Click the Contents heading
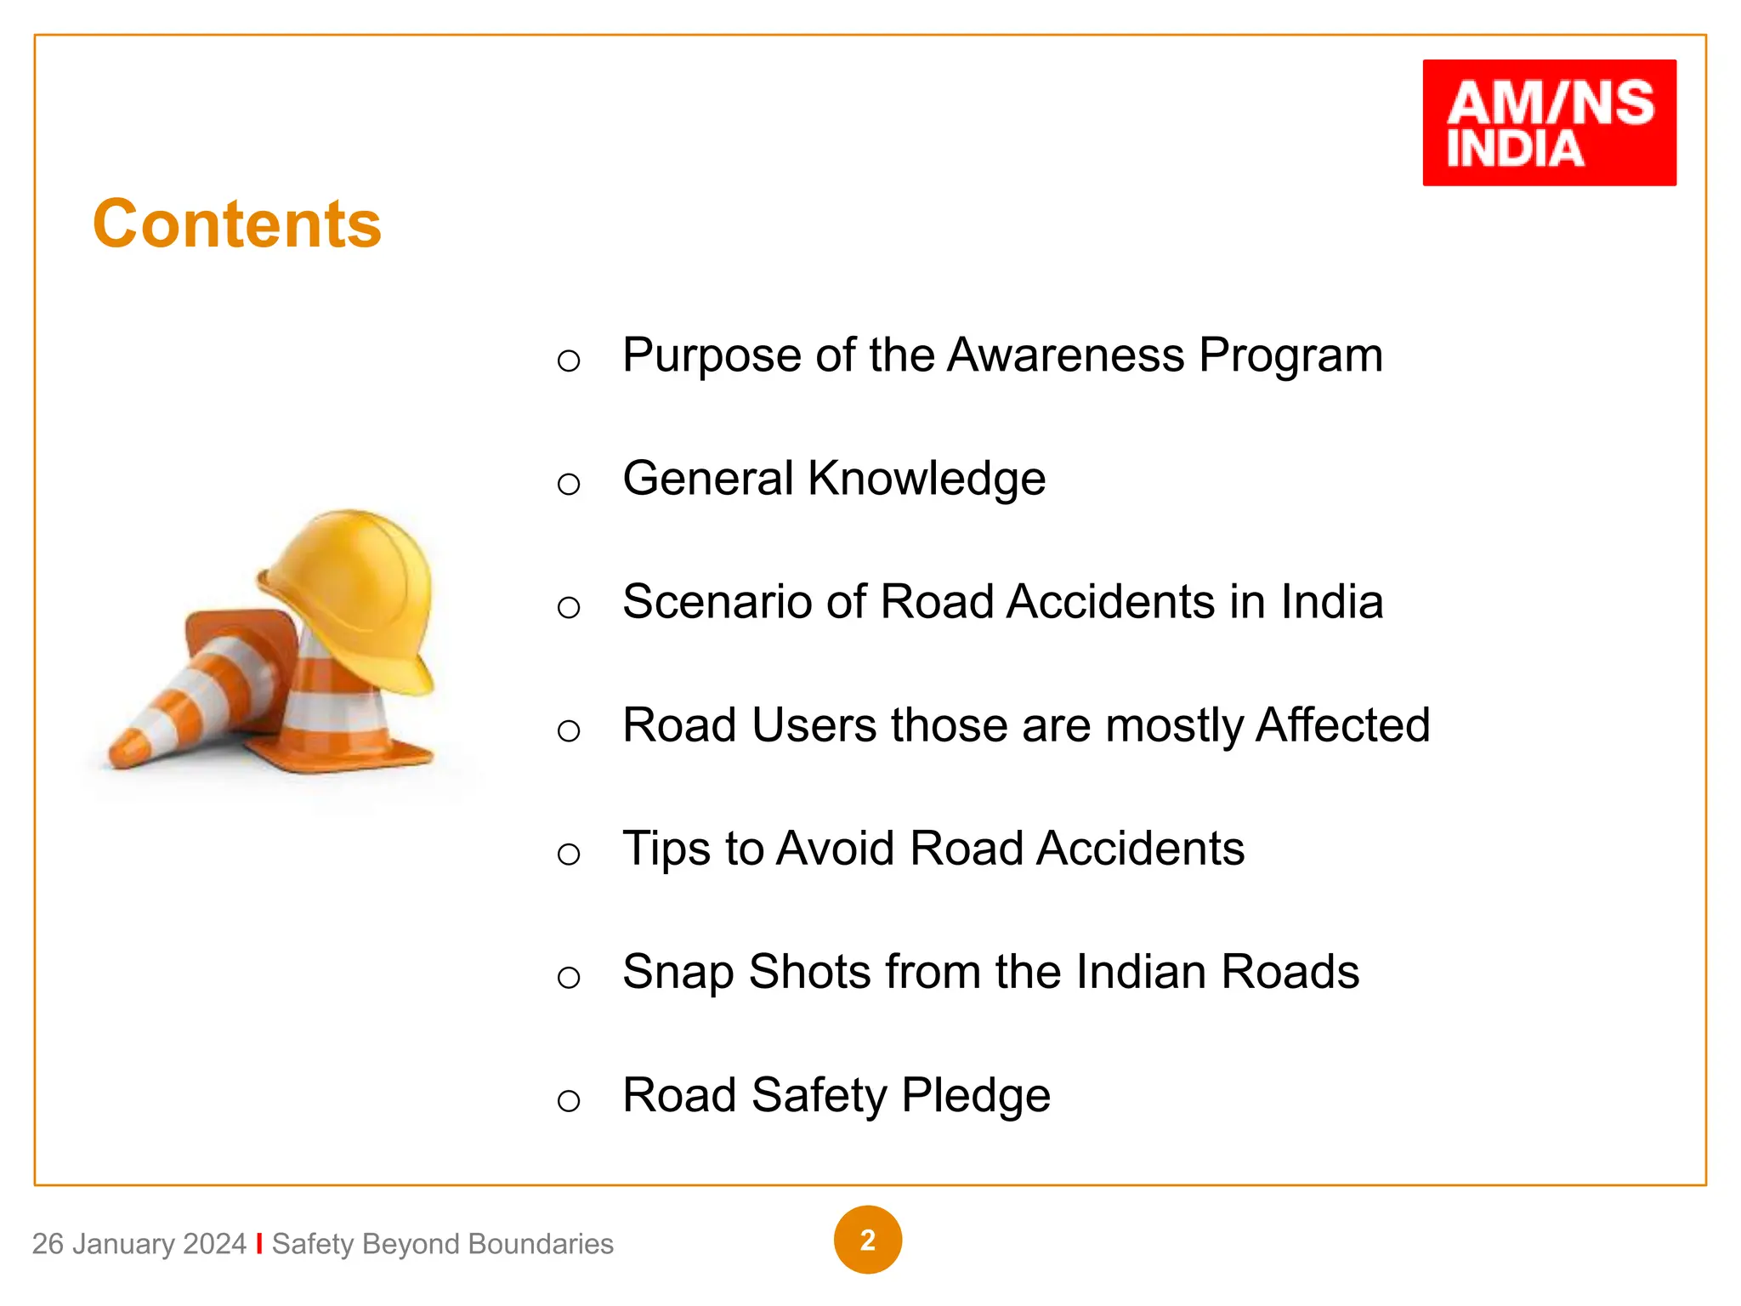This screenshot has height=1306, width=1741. pos(237,224)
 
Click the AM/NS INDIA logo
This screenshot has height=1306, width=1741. pos(1549,122)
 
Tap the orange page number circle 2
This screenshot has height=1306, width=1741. pos(867,1240)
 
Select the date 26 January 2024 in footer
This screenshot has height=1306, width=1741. pos(139,1244)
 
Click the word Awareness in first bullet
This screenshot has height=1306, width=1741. pos(1065,355)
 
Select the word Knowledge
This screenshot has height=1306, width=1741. pos(927,478)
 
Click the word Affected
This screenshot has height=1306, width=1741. pos(1343,725)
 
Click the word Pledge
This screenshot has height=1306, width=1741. pos(975,1095)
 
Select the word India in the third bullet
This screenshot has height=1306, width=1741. pos(1332,602)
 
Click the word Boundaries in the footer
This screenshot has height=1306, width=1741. pos(540,1244)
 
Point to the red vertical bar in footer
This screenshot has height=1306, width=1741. pos(259,1243)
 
